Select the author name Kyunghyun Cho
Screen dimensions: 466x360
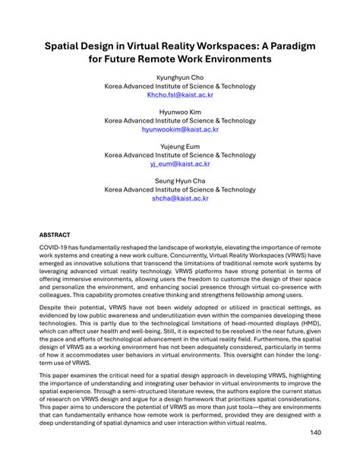click(x=180, y=78)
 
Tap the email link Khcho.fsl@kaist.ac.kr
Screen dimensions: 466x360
click(x=180, y=96)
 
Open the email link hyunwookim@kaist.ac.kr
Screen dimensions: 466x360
click(x=180, y=129)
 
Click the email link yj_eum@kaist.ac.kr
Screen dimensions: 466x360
click(x=180, y=163)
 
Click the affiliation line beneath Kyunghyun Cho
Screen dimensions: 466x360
click(x=180, y=87)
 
